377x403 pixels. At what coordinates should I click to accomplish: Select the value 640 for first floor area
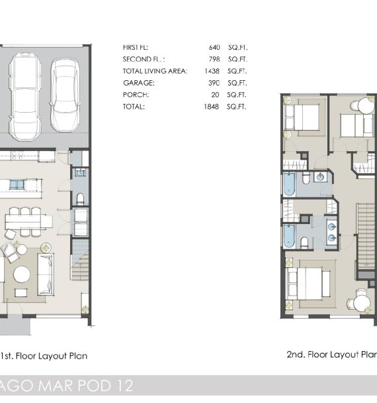[214, 48]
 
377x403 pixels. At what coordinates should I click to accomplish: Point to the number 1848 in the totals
[211, 107]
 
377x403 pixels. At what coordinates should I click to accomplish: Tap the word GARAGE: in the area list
[138, 83]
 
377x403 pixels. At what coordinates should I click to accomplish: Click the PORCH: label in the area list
[136, 95]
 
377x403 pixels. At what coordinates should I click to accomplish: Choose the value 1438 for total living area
[211, 71]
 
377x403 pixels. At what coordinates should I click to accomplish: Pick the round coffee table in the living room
[22, 274]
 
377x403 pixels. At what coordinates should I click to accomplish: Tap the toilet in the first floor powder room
[80, 198]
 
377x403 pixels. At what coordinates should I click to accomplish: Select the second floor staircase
[366, 235]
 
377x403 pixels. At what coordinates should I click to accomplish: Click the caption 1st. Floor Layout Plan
[44, 356]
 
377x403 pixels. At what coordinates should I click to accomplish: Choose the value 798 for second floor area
[214, 60]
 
